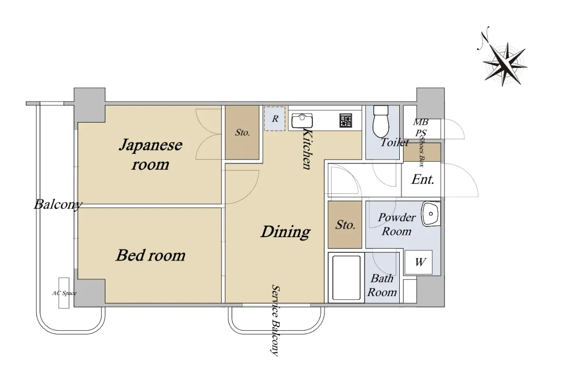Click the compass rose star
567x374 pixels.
pos(505,64)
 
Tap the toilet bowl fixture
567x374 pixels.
pos(381,121)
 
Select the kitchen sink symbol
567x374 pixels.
pos(302,121)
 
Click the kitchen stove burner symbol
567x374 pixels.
pos(346,120)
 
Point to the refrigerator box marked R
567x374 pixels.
pos(275,118)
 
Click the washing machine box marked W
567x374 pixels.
pos(419,262)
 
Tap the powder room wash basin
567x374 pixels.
pos(430,214)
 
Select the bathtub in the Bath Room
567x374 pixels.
pos(346,277)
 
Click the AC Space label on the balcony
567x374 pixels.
pos(64,293)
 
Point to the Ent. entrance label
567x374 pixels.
pos(422,180)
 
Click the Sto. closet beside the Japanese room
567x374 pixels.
pos(242,133)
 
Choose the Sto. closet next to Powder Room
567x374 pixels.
pos(345,224)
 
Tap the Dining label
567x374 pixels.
pos(285,232)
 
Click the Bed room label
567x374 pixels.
pos(151,255)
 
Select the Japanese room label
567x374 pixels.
pos(150,154)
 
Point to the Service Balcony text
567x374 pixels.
pos(275,320)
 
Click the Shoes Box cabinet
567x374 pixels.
pos(421,152)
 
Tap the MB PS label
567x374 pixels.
pos(421,127)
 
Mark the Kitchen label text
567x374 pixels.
pos(307,149)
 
